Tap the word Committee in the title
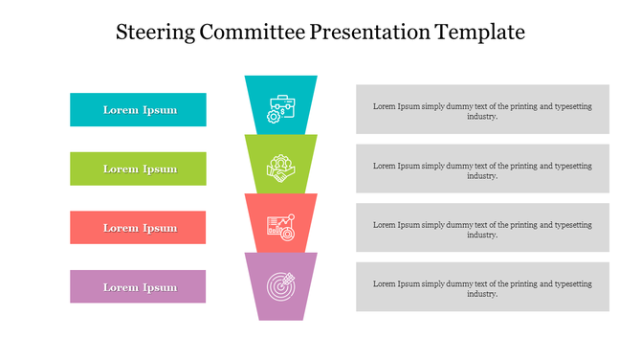coord(254,32)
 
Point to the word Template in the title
coord(479,32)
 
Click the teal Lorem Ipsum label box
coord(138,109)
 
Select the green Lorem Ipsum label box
coord(138,169)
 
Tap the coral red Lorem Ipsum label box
coord(138,228)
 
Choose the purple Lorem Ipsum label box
coord(138,287)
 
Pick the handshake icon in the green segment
coord(280,168)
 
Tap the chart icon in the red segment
coord(280,225)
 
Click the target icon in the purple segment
coord(280,285)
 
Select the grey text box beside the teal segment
coord(482,109)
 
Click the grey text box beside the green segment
coord(482,169)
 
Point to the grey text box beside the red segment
coord(482,228)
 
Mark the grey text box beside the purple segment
coord(482,287)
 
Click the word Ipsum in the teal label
coord(160,110)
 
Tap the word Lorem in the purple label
coord(121,287)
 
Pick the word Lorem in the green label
coord(121,169)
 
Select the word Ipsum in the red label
coord(160,229)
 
